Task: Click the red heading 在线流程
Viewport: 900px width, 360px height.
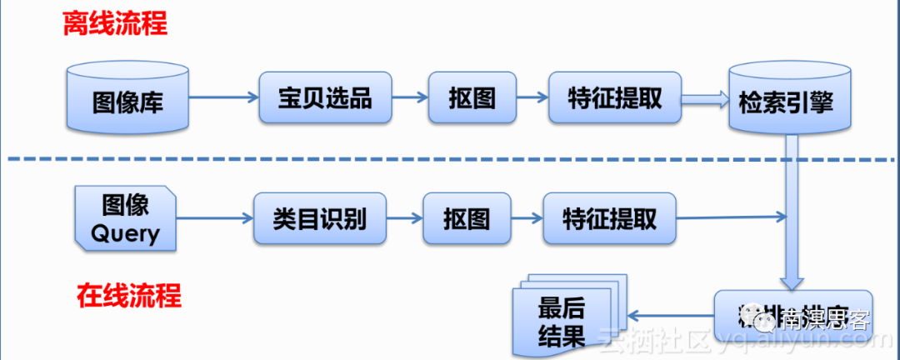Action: pyautogui.click(x=128, y=295)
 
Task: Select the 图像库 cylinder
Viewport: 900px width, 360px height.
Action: pyautogui.click(x=127, y=101)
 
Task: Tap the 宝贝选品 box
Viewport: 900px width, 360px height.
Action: pyautogui.click(x=324, y=98)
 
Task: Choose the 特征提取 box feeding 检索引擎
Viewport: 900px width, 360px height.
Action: pyautogui.click(x=614, y=98)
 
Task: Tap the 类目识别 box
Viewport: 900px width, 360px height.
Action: pyautogui.click(x=318, y=219)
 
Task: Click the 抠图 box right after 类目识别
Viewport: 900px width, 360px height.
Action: pyautogui.click(x=466, y=219)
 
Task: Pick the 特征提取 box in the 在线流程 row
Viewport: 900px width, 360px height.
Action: pyautogui.click(x=609, y=219)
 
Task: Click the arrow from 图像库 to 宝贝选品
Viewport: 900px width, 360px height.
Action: pyautogui.click(x=223, y=97)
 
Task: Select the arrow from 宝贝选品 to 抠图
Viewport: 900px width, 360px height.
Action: pyautogui.click(x=410, y=97)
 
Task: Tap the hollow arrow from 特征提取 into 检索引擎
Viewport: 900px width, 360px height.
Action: pyautogui.click(x=705, y=98)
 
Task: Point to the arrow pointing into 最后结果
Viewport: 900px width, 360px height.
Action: pyautogui.click(x=671, y=315)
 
